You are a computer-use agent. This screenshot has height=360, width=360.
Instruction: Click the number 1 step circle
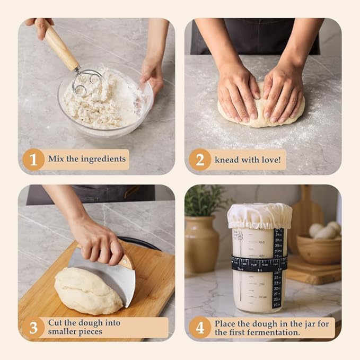pos(33,159)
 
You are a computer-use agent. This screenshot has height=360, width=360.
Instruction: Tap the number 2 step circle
pos(200,159)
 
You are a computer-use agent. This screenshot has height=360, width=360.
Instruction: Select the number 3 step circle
pos(33,328)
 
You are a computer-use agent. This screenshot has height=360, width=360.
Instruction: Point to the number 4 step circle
pos(200,328)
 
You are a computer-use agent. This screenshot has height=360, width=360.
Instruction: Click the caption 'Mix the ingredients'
pos(87,159)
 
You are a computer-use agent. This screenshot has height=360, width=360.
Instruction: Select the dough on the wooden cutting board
pos(87,291)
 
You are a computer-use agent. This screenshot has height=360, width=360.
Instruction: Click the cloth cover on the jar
pos(259,215)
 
